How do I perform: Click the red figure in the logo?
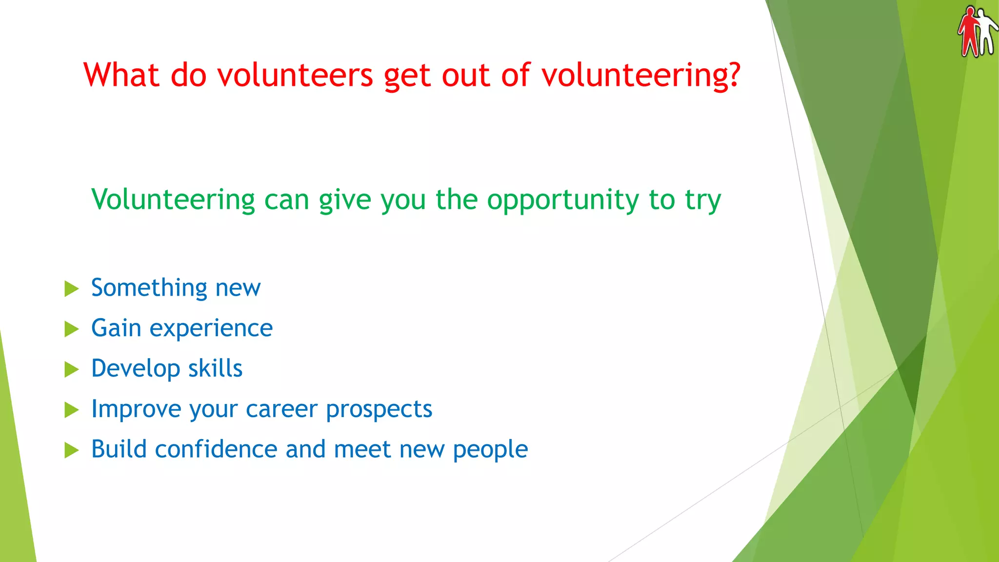(x=969, y=30)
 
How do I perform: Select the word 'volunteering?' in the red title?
(x=641, y=76)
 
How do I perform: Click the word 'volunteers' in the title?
(x=295, y=75)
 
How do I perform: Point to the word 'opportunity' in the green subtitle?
(x=563, y=201)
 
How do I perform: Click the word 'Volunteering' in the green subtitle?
(x=173, y=201)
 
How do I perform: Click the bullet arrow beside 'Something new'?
(x=71, y=288)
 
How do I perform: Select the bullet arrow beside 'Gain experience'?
(x=71, y=329)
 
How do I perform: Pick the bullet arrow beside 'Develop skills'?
(x=71, y=369)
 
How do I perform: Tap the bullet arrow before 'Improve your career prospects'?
(x=71, y=410)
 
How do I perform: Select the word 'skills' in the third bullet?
(x=215, y=368)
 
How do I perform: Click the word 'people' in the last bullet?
(x=490, y=450)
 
